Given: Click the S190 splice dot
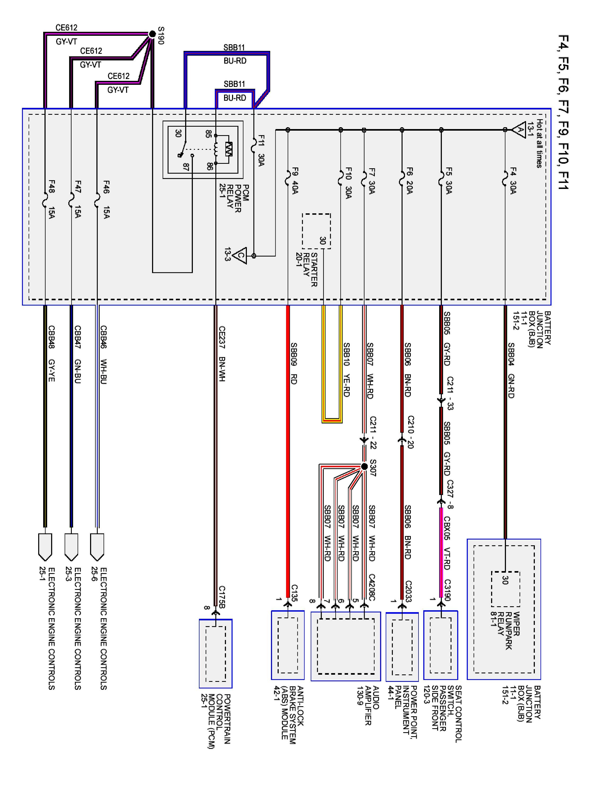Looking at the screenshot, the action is pyautogui.click(x=152, y=34).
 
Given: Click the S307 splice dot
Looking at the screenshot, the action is pyautogui.click(x=364, y=466).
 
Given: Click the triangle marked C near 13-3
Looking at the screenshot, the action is pyautogui.click(x=240, y=255).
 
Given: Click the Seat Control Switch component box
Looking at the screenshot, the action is pyautogui.click(x=441, y=645).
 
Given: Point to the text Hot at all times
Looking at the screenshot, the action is pyautogui.click(x=539, y=143).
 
